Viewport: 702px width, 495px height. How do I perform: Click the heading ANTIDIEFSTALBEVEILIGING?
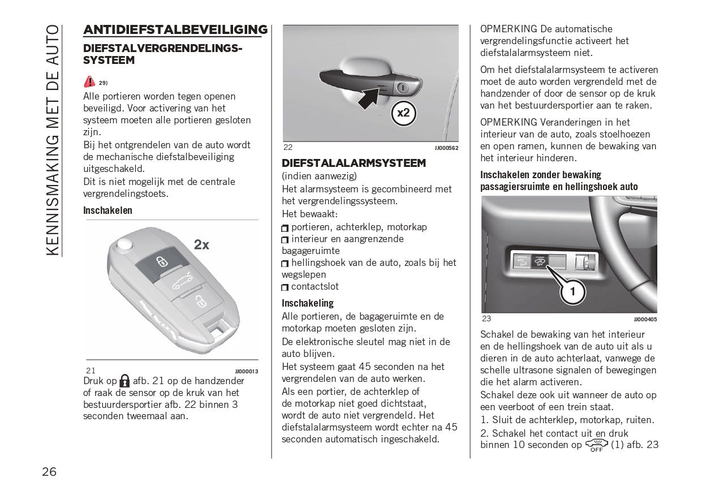(x=175, y=30)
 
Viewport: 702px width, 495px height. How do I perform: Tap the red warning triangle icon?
(x=89, y=81)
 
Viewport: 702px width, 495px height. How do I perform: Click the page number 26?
(x=49, y=472)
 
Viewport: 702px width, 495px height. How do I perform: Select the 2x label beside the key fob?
(x=201, y=245)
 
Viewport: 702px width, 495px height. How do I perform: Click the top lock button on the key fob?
(x=162, y=261)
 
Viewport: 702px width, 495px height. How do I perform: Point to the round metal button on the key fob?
(x=123, y=244)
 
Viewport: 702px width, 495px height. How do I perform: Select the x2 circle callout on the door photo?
(x=403, y=113)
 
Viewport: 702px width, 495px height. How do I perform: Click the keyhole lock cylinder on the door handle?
(x=402, y=88)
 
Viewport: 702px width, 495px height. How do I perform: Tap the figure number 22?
(x=288, y=147)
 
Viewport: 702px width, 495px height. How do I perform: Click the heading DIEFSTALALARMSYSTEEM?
(x=354, y=163)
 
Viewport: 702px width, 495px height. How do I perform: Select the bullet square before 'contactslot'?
(x=285, y=287)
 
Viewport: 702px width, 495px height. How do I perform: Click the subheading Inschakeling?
(x=308, y=303)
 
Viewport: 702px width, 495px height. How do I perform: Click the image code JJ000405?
(x=645, y=319)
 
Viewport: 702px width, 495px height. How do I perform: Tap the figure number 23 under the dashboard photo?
(x=487, y=318)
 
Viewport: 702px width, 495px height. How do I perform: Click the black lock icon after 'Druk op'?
(x=124, y=381)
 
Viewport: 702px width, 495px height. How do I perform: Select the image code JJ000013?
(x=247, y=371)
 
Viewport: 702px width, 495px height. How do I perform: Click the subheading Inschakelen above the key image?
(x=107, y=210)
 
